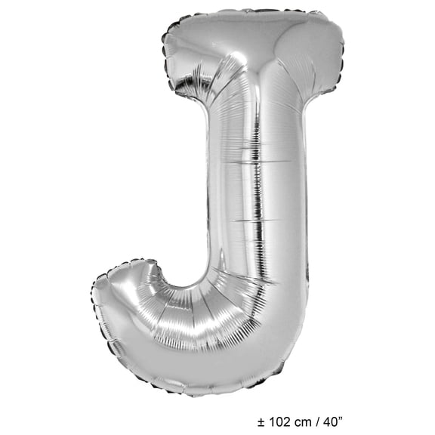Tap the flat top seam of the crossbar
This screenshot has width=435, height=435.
point(249,11)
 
